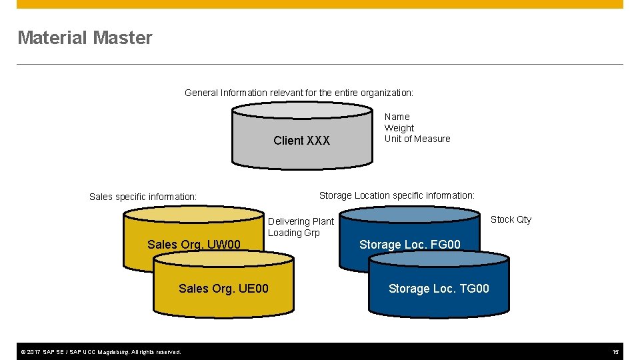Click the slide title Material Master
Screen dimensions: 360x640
pyautogui.click(x=85, y=38)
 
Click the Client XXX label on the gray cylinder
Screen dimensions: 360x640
pyautogui.click(x=301, y=141)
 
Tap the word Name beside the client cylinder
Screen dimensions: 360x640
pyautogui.click(x=397, y=117)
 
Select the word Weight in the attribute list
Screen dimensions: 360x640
pyautogui.click(x=399, y=128)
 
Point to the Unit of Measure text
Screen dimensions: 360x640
pyautogui.click(x=417, y=139)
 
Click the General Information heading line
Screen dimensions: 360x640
pyautogui.click(x=299, y=93)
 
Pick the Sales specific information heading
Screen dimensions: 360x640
pyautogui.click(x=143, y=197)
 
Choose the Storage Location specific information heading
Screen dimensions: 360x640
pyautogui.click(x=397, y=195)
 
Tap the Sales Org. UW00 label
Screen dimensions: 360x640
pyautogui.click(x=193, y=245)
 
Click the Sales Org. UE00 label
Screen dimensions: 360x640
pyautogui.click(x=223, y=289)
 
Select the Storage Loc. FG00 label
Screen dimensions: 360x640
pyautogui.click(x=409, y=245)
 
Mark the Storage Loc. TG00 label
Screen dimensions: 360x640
pyautogui.click(x=439, y=289)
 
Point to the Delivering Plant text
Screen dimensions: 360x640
pyautogui.click(x=301, y=221)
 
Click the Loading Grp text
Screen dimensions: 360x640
pyautogui.click(x=293, y=233)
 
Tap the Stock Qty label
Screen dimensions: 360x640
pyautogui.click(x=511, y=219)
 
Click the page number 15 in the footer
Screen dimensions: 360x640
pyautogui.click(x=615, y=351)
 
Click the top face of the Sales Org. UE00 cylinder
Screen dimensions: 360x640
pyautogui.click(x=223, y=258)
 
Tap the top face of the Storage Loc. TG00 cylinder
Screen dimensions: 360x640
pyautogui.click(x=439, y=258)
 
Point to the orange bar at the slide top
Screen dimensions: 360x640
pyautogui.click(x=320, y=4)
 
